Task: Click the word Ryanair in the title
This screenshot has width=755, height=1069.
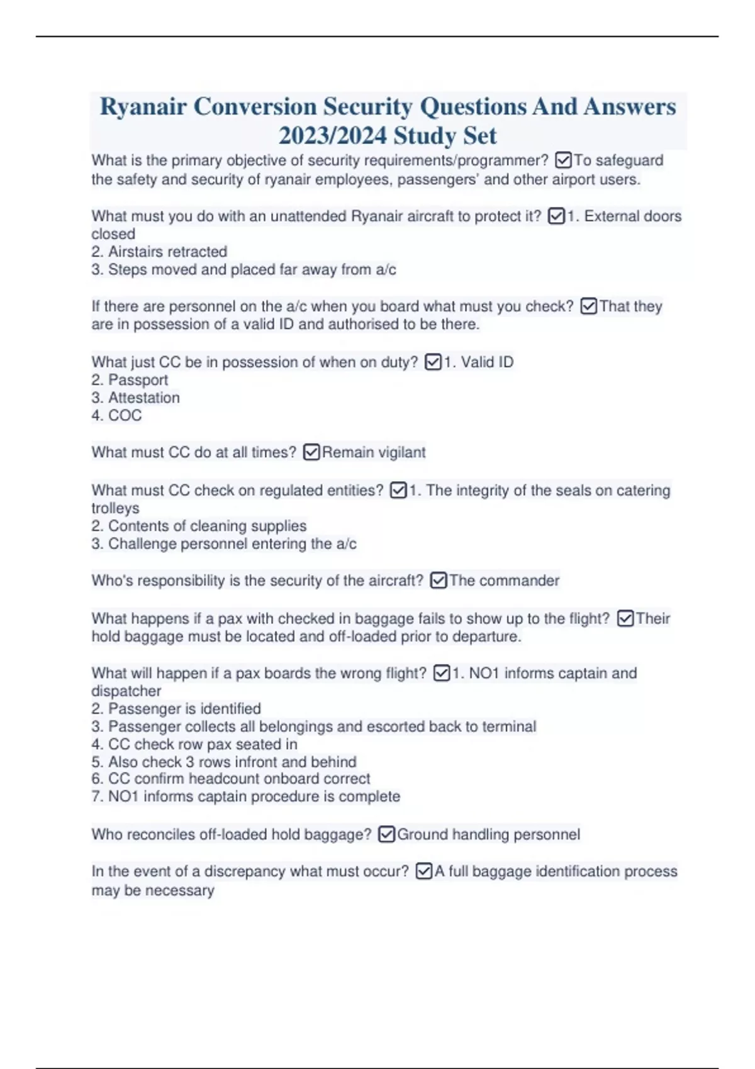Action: tap(143, 107)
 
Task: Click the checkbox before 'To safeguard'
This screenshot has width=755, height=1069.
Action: tap(563, 161)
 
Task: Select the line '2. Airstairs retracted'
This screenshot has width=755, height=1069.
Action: tap(159, 252)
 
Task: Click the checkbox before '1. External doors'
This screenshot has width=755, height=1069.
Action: tap(556, 216)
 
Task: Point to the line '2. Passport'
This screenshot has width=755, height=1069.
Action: tap(130, 380)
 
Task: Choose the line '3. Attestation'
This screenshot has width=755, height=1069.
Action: tap(135, 397)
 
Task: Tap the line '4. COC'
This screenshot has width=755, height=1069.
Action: tap(116, 415)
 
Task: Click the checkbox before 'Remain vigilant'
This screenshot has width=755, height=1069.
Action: tap(311, 452)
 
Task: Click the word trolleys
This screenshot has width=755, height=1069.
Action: tap(115, 508)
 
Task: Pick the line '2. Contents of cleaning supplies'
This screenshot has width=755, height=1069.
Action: tap(199, 526)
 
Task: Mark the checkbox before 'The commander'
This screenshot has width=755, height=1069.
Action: tap(439, 580)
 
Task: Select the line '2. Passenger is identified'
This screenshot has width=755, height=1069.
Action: tap(176, 709)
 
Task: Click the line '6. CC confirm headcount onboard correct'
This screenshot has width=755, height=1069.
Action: tap(230, 778)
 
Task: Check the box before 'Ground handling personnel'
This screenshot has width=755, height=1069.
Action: tap(387, 834)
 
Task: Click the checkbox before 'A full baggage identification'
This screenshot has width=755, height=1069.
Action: tap(424, 872)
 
